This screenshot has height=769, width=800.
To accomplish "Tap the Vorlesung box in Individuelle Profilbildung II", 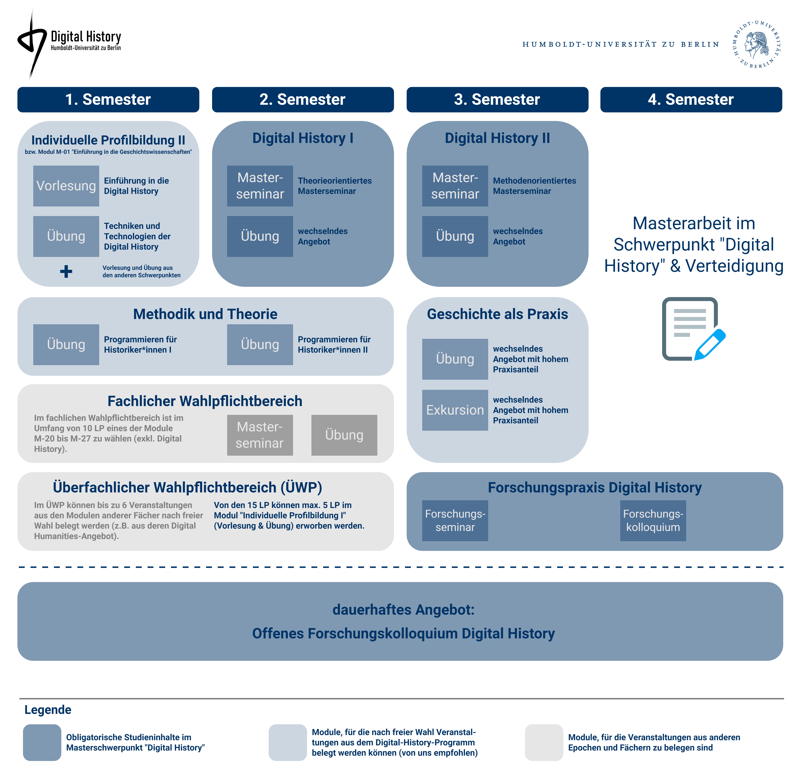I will pyautogui.click(x=66, y=186).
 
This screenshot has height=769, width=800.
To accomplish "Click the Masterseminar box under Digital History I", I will pyautogui.click(x=260, y=186).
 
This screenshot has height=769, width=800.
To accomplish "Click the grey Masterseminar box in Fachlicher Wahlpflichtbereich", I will pyautogui.click(x=260, y=435).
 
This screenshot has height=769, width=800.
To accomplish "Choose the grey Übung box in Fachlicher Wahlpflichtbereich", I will pyautogui.click(x=344, y=435).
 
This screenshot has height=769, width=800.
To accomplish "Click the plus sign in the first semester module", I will pyautogui.click(x=66, y=271).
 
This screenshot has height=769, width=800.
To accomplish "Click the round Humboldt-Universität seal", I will pyautogui.click(x=757, y=44).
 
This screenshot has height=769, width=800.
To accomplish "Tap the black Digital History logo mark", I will pyautogui.click(x=32, y=43).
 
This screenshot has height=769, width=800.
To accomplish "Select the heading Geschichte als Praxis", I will pyautogui.click(x=497, y=314).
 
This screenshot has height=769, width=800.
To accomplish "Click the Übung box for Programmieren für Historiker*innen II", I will pyautogui.click(x=260, y=344).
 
